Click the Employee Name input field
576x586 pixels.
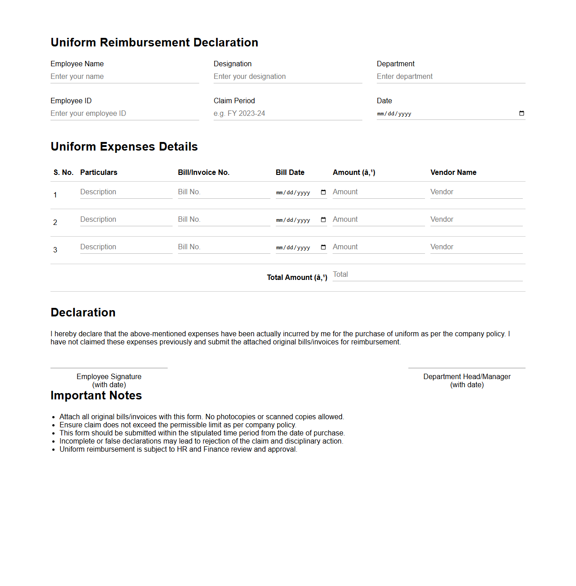pos(124,77)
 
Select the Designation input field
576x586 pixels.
pos(288,77)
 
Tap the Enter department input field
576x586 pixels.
pos(451,77)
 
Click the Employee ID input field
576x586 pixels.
pos(124,114)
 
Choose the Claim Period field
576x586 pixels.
pos(288,114)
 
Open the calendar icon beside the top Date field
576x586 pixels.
pos(521,114)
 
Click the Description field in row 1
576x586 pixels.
pos(126,192)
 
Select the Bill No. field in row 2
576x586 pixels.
pos(224,220)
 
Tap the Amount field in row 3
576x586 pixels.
pos(379,247)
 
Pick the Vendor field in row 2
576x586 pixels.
pos(476,220)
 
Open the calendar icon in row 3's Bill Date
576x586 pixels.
pos(323,247)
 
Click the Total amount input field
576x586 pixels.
pos(427,275)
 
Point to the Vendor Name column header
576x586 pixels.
pos(453,173)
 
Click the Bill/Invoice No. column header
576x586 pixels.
pos(203,173)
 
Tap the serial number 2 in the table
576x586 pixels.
pos(55,223)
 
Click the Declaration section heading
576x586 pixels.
pos(83,313)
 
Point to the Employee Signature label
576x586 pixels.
pos(109,377)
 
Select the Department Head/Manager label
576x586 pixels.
pos(466,377)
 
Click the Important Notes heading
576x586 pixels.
pos(96,396)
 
